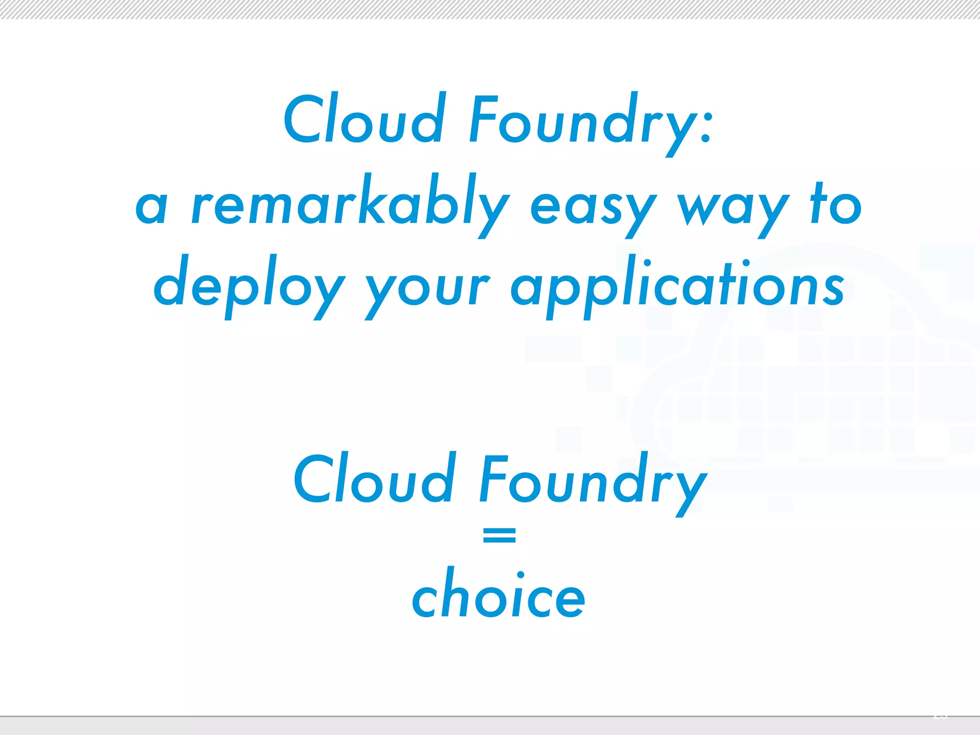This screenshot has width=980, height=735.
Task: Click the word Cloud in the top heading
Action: [x=363, y=119]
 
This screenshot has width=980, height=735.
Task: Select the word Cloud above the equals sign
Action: [x=374, y=479]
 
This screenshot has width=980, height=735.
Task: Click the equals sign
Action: [x=499, y=535]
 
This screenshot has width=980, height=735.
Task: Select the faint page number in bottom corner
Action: [x=940, y=716]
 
